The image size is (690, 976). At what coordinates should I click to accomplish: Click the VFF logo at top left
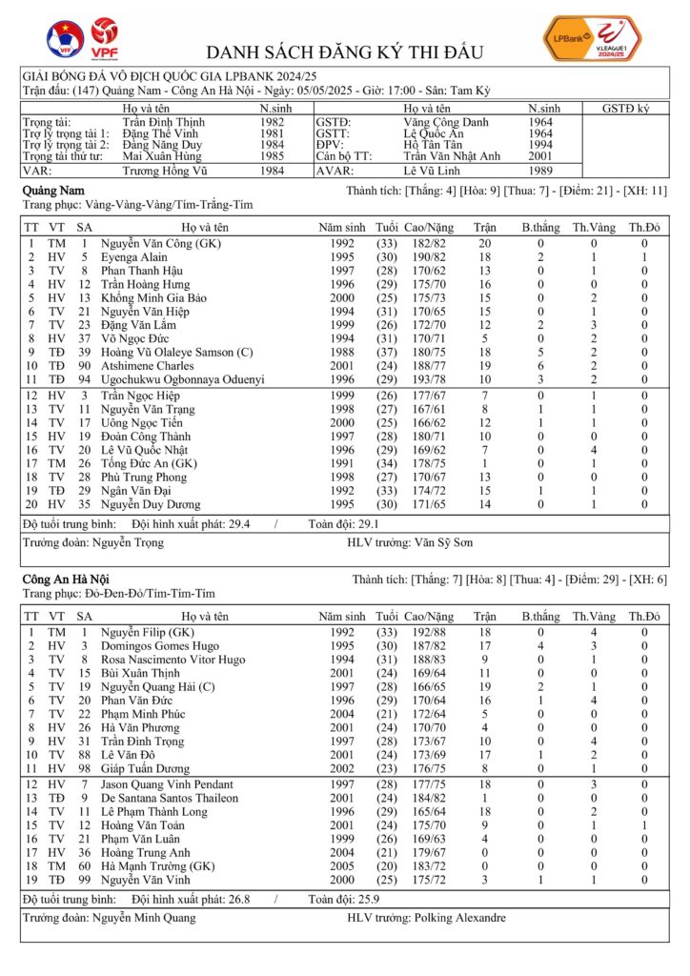(65, 39)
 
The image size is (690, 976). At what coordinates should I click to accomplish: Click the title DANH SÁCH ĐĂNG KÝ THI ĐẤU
(345, 51)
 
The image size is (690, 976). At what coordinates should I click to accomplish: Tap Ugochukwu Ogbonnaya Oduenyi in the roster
(191, 378)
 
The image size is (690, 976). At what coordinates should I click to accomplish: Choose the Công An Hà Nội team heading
(65, 579)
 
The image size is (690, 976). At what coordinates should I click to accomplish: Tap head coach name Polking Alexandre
(460, 918)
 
